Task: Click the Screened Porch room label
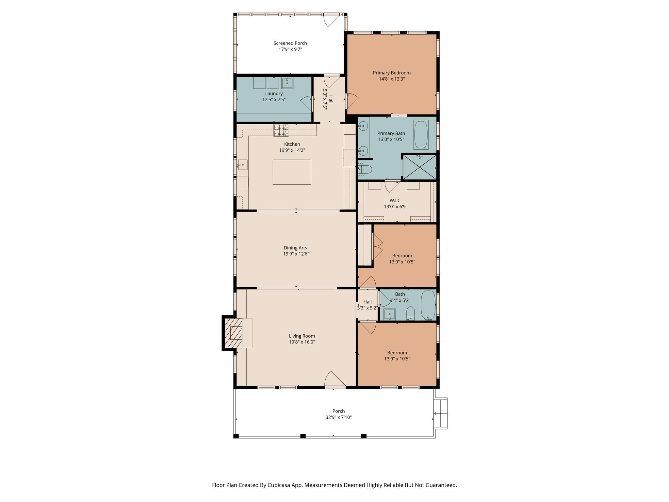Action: [x=290, y=43]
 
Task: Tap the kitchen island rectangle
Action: [x=292, y=172]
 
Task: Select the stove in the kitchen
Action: [x=281, y=130]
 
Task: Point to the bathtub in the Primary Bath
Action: [x=421, y=135]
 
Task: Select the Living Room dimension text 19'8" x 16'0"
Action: [x=302, y=342]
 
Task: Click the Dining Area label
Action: [x=296, y=248]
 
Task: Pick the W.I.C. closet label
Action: [x=396, y=200]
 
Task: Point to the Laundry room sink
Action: [x=287, y=83]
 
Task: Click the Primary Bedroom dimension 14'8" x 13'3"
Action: [x=391, y=79]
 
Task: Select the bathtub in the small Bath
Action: [x=428, y=305]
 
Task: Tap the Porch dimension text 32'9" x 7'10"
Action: [x=338, y=417]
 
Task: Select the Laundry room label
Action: [x=274, y=93]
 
